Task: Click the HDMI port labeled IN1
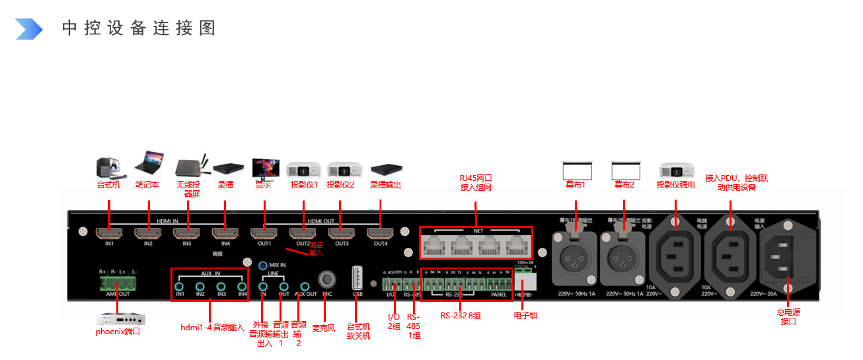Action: tap(108, 233)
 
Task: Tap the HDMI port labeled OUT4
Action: tap(380, 233)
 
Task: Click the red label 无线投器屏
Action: tap(188, 190)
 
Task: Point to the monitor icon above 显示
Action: tap(264, 168)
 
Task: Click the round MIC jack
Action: tap(326, 279)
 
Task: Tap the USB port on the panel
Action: tap(357, 277)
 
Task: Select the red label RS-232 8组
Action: tap(461, 316)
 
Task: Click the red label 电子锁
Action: tap(525, 316)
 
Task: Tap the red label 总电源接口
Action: tap(789, 316)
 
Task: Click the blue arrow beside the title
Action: tap(28, 28)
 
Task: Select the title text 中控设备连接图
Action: tap(139, 28)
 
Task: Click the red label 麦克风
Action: tap(324, 326)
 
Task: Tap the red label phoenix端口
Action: tap(118, 332)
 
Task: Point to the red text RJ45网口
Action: tap(476, 178)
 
